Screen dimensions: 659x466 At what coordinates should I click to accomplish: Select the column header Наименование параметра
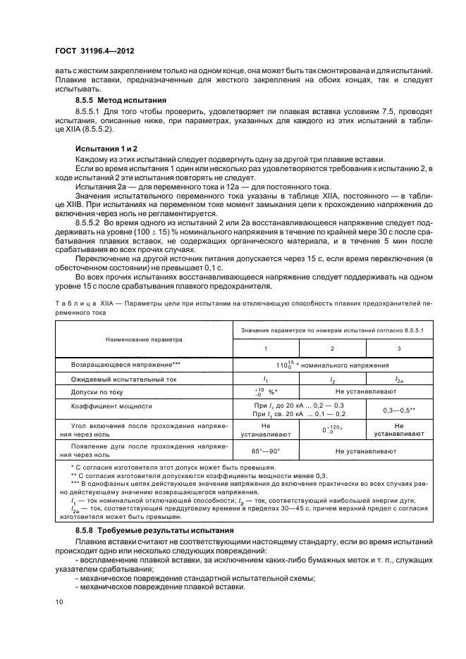click(144, 339)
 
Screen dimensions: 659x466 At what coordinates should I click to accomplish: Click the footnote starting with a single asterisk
click(169, 467)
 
